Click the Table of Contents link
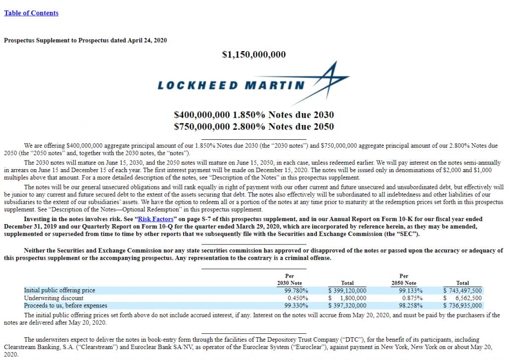[31, 13]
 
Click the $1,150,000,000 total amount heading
[254, 55]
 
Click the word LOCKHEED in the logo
[197, 85]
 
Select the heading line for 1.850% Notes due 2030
[254, 115]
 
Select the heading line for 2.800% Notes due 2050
[254, 126]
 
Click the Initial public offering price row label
[60, 290]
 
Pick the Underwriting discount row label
[54, 298]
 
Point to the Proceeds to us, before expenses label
[65, 305]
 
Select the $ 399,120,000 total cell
[347, 291]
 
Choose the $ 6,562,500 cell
[462, 298]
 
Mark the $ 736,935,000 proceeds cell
[462, 305]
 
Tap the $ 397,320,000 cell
[347, 305]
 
